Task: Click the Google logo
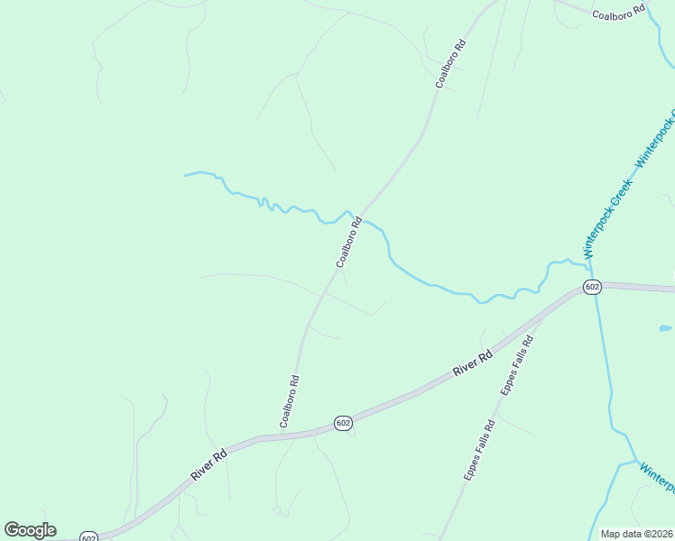[x=30, y=530]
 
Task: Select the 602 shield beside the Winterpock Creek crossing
[x=592, y=287]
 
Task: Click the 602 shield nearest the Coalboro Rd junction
[x=342, y=423]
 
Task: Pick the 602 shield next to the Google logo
[x=88, y=537]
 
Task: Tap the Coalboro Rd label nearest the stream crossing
[x=349, y=242]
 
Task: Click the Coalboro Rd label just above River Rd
[x=290, y=400]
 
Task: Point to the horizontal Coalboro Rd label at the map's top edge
[x=619, y=12]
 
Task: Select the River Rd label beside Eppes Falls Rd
[x=473, y=363]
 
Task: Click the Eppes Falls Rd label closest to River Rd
[x=518, y=365]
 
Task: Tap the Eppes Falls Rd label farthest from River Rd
[x=479, y=451]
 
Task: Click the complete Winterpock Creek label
[x=609, y=219]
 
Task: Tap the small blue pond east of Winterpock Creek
[x=665, y=328]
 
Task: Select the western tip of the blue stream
[x=186, y=174]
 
